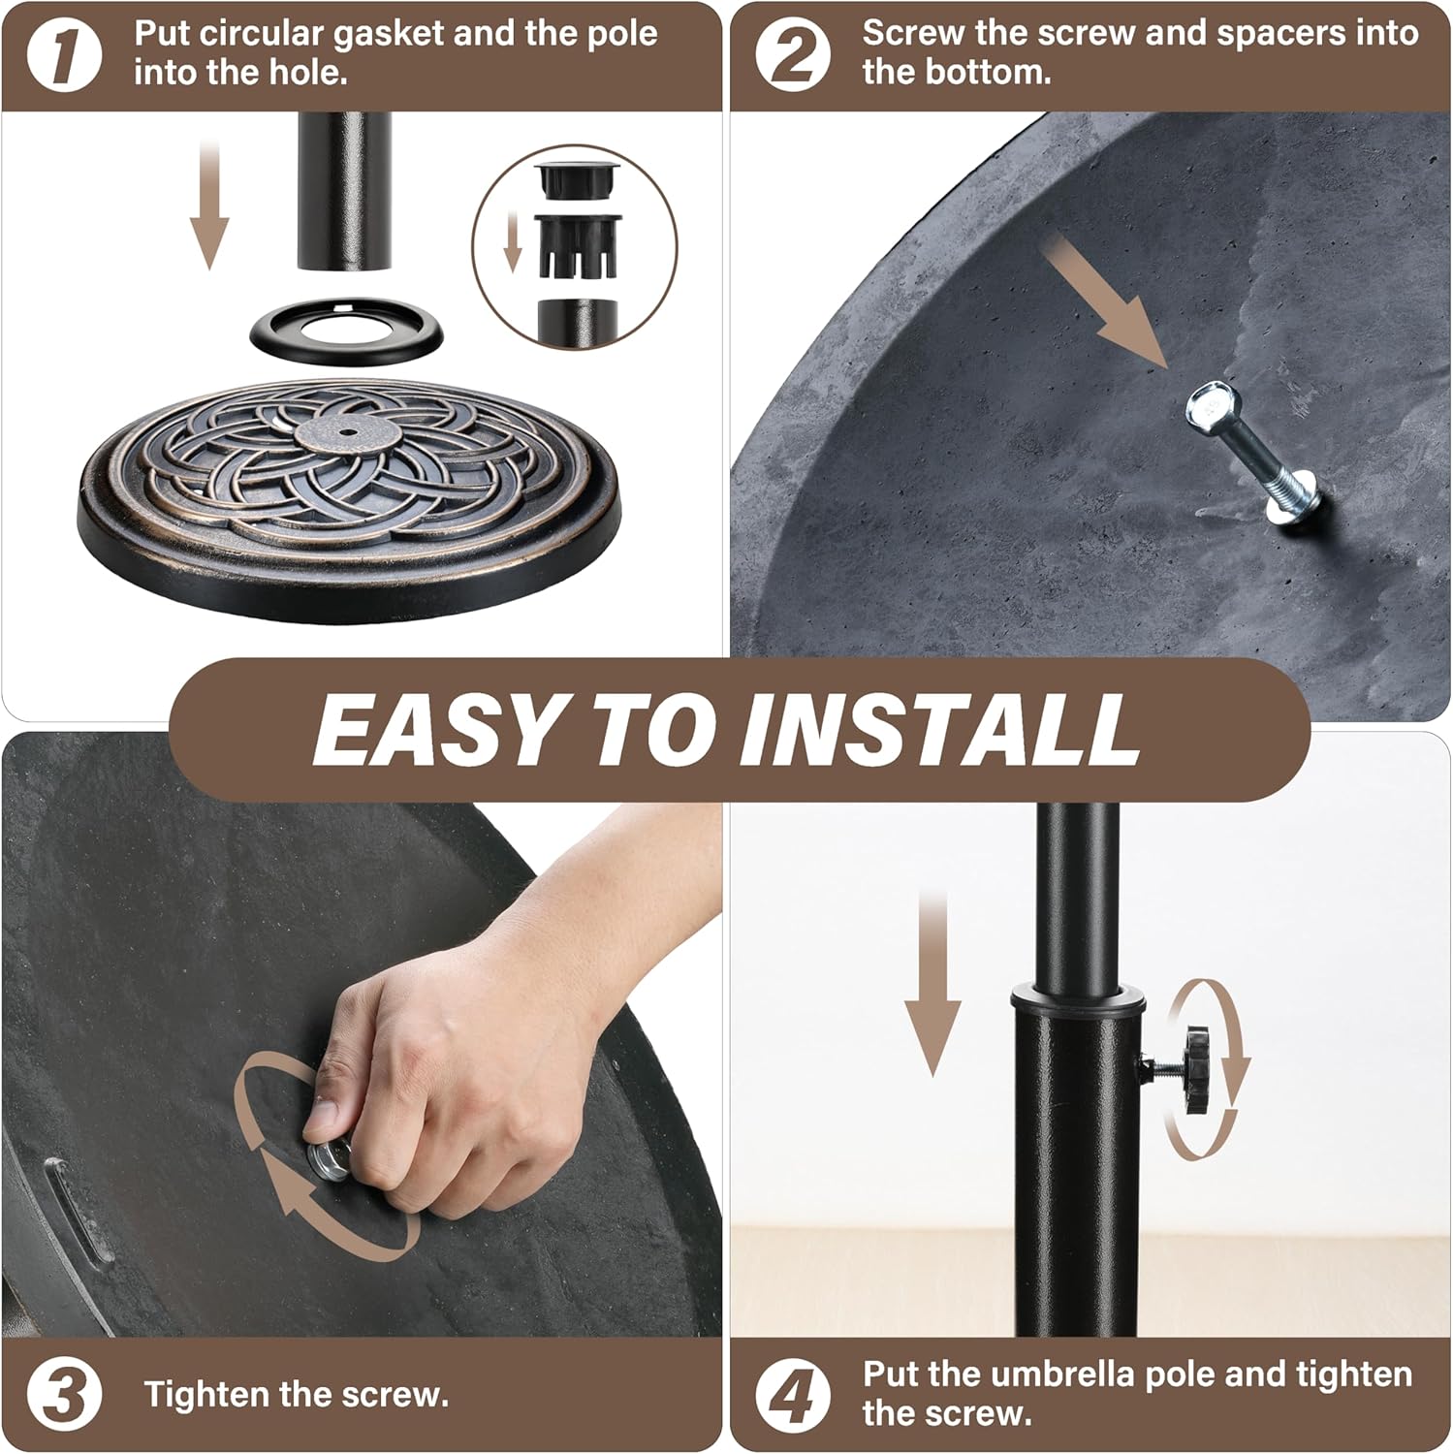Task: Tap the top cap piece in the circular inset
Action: tap(577, 180)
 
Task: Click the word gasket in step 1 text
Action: tap(388, 34)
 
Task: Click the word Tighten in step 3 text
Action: tap(206, 1395)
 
